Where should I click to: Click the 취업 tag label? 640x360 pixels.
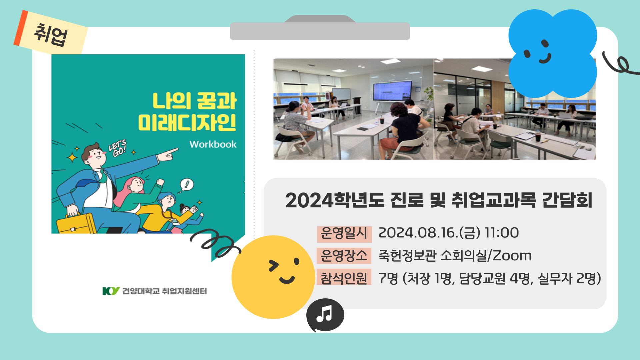click(x=51, y=35)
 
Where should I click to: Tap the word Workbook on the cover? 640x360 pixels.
click(x=213, y=144)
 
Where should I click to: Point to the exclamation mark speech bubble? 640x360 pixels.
click(x=187, y=184)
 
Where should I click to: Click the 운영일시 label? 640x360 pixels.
click(x=344, y=233)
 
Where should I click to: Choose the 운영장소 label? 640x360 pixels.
click(x=344, y=256)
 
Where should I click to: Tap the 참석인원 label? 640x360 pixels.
click(x=344, y=278)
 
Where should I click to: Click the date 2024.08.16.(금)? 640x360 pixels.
click(x=429, y=233)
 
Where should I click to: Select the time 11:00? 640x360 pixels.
click(x=502, y=233)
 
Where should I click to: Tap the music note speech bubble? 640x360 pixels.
click(x=325, y=314)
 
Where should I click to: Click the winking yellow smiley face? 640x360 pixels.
click(x=273, y=277)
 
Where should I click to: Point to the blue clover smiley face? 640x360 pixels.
click(x=552, y=53)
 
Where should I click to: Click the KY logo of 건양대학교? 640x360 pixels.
click(x=111, y=291)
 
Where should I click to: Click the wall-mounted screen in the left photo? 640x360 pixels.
click(x=392, y=91)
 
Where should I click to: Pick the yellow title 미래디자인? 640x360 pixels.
click(x=187, y=123)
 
